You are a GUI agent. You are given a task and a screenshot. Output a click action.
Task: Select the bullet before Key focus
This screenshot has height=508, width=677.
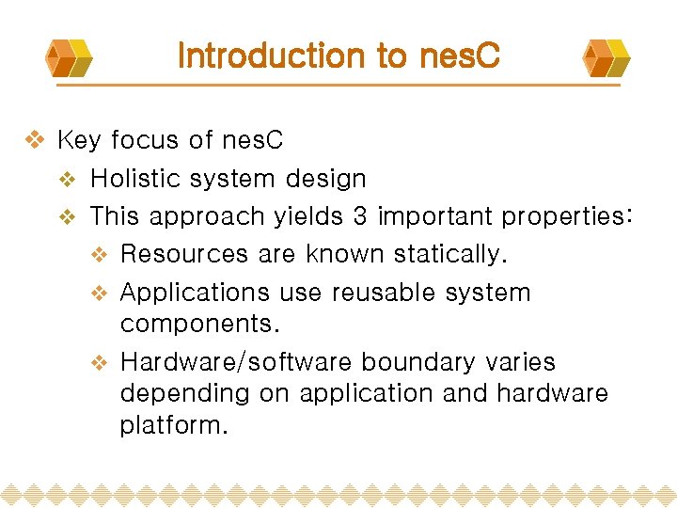pos(34,141)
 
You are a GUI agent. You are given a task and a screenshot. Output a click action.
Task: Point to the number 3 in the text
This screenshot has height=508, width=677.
pos(360,216)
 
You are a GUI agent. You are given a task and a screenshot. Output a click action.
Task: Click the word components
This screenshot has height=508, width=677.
pos(199,325)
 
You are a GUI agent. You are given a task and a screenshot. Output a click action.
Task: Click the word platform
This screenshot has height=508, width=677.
pos(173,426)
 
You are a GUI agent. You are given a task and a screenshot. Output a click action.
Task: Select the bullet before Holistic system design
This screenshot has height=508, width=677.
pos(66,179)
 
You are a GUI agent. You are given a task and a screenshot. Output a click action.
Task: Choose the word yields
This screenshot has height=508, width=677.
pos(308,217)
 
